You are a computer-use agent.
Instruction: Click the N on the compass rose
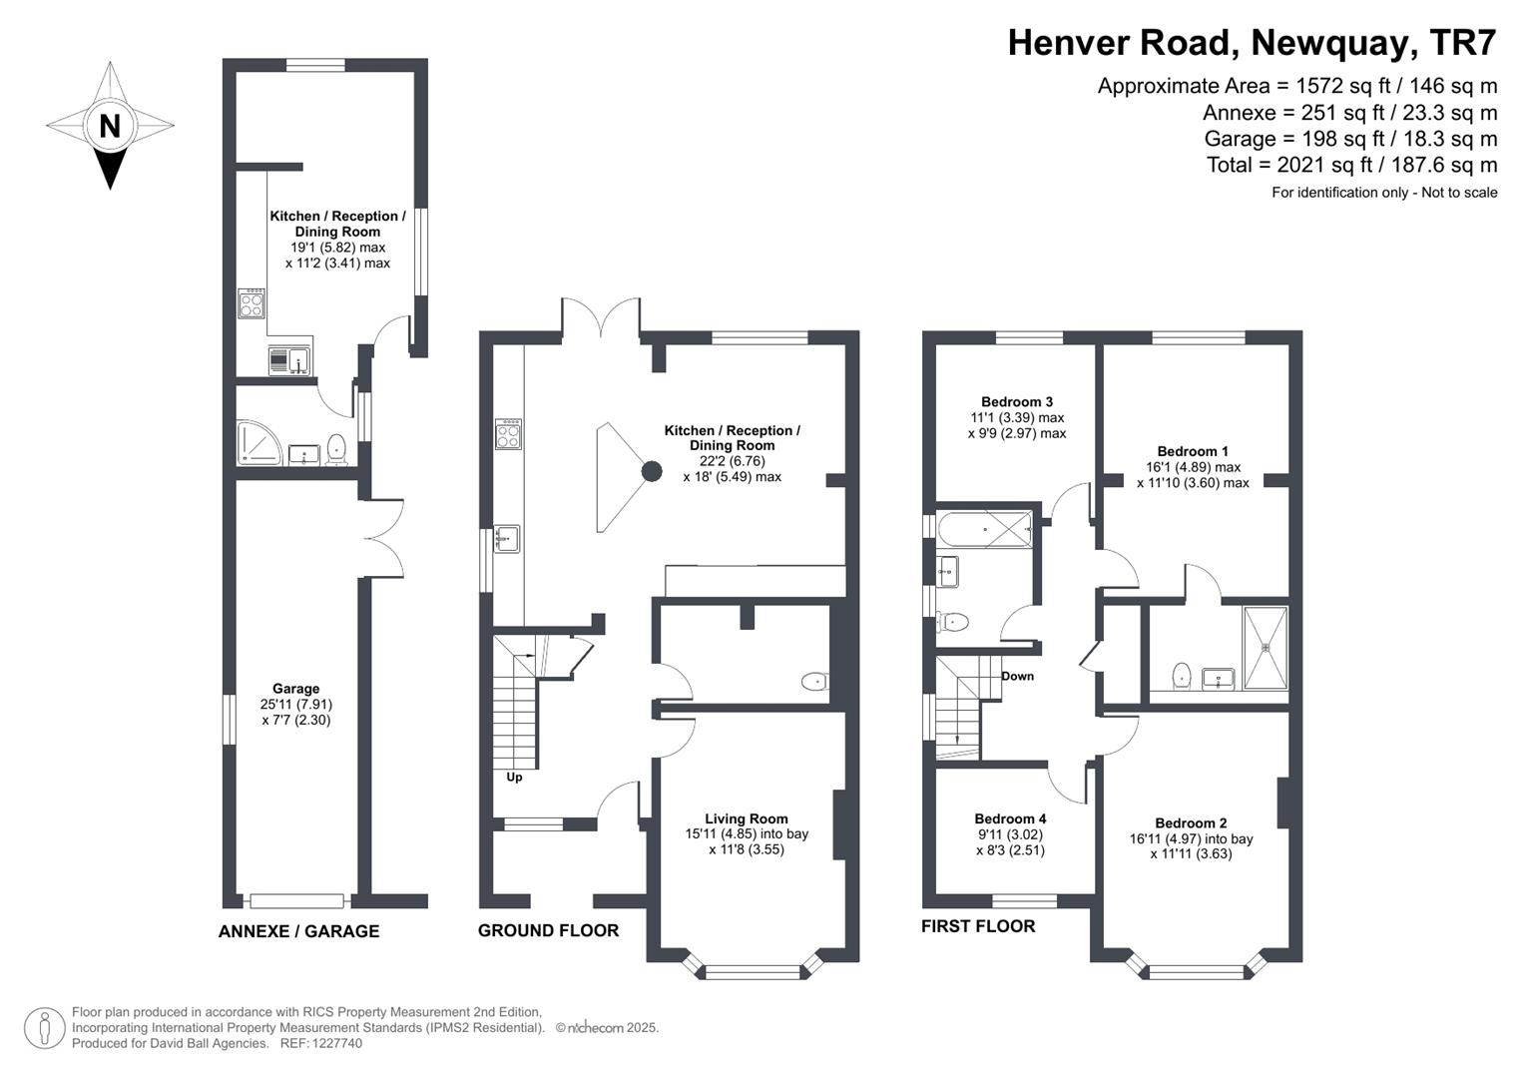pos(110,126)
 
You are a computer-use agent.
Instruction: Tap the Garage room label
pos(295,689)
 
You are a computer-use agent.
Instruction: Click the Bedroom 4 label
pos(1010,818)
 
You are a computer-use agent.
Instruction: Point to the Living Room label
pos(746,818)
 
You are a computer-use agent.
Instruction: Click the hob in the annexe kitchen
pos(253,303)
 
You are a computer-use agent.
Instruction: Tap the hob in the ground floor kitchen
pos(508,434)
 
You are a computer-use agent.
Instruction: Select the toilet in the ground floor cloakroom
pos(814,683)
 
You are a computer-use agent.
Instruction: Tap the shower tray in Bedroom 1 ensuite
pos(1266,647)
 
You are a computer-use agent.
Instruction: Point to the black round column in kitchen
pos(651,471)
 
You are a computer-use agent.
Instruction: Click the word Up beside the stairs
pos(514,777)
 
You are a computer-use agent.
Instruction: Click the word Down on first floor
pos(1017,676)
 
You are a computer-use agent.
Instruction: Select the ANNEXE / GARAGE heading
pos(298,931)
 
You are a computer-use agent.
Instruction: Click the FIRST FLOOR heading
pos(977,926)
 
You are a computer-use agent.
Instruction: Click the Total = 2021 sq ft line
pos(1351,165)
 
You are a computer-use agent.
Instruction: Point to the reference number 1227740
pos(336,1043)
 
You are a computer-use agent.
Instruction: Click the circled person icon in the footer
pos(44,1028)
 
